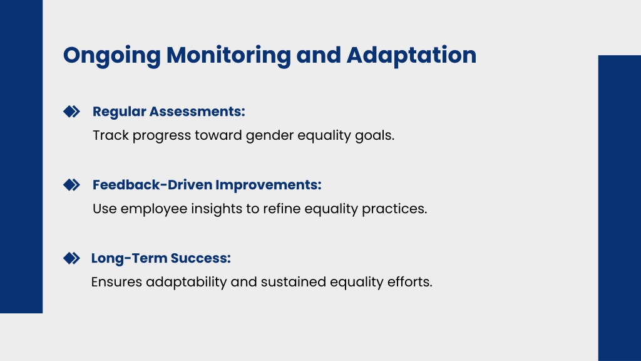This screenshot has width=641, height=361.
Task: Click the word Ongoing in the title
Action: click(x=111, y=56)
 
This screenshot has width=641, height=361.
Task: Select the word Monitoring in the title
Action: click(x=228, y=56)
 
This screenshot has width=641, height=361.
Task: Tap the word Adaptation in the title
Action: click(x=411, y=56)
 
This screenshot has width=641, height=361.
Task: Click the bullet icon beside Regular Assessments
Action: click(x=71, y=112)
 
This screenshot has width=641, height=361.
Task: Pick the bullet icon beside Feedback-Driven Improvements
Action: click(x=71, y=185)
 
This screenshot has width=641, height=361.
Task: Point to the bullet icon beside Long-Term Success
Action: click(x=71, y=258)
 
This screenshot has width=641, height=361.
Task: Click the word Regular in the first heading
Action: click(x=120, y=112)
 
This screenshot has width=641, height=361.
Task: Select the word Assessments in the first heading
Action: click(x=197, y=112)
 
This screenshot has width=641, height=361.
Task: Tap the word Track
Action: click(x=111, y=135)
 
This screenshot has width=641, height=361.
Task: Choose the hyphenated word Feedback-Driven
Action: click(x=153, y=185)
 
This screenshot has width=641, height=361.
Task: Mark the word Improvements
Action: click(x=269, y=185)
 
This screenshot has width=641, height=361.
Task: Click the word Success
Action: click(x=201, y=258)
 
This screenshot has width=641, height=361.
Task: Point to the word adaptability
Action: click(x=187, y=283)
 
